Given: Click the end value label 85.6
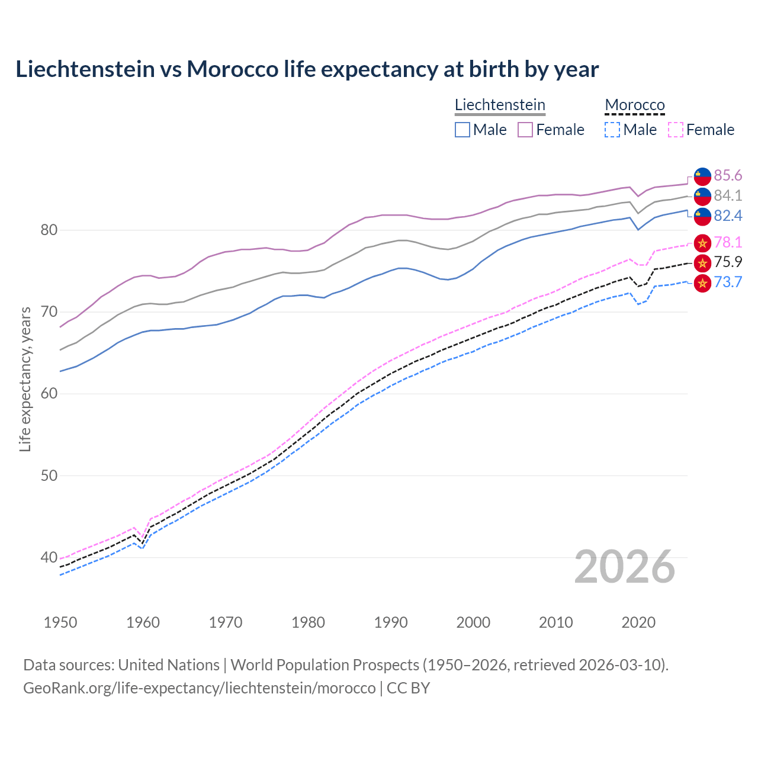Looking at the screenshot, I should [728, 175].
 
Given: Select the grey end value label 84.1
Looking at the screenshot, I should [728, 195].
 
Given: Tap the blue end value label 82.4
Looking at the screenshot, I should [728, 216].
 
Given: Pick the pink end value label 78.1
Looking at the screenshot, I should [728, 242].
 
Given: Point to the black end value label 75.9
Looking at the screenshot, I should [728, 262].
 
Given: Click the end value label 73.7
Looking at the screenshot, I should [728, 282].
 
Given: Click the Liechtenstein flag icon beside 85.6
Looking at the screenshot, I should [702, 176].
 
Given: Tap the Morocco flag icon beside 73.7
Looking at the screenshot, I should [702, 283].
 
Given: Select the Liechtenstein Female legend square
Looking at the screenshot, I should [525, 130].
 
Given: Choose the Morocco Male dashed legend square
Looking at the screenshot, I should [612, 130].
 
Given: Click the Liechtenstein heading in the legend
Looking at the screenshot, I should [500, 105].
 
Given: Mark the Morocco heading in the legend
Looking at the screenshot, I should [635, 105].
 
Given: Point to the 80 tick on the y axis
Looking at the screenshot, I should [49, 230].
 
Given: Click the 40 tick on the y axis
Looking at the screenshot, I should [49, 557].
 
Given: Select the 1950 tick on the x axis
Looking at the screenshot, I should [60, 622].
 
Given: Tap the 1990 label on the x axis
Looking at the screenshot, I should [391, 622].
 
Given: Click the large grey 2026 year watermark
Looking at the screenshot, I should [625, 567].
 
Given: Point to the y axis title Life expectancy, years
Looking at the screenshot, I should [25, 379].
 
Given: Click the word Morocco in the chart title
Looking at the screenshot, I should [232, 69].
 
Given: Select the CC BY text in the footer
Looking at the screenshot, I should [408, 688].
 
